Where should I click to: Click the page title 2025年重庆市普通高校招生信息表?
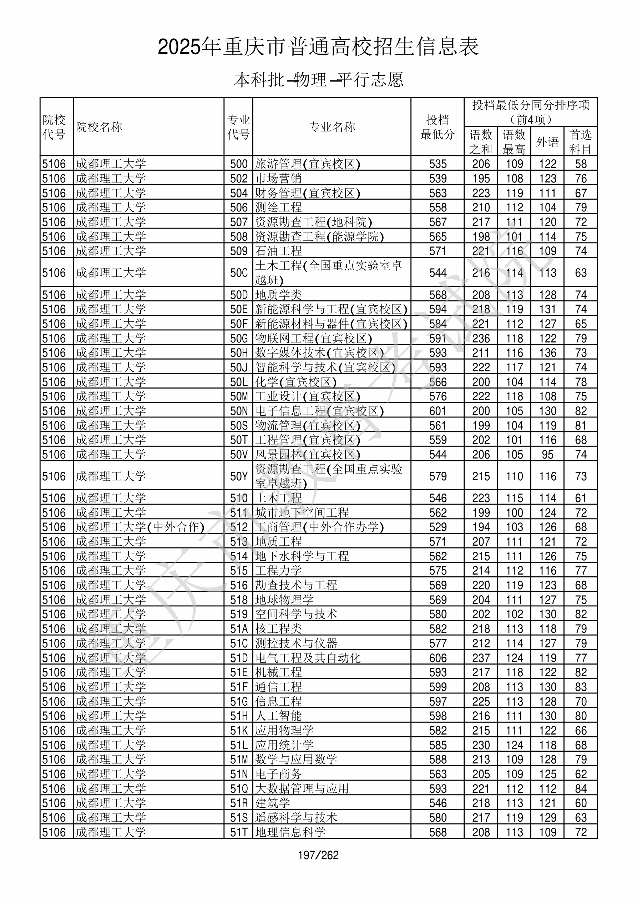pos(318,47)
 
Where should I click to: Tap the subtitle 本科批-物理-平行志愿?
pos(318,80)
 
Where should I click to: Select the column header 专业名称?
pos(332,126)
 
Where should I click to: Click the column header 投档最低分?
pos(438,127)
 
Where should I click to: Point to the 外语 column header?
pos(547,141)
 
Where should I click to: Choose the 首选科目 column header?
pos(581,141)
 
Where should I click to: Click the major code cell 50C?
pos(239,273)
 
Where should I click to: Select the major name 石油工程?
pos(278,251)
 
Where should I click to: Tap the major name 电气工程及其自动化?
pos(308,658)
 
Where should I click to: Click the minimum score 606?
pos(438,658)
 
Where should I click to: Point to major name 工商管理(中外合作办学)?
pos(319,527)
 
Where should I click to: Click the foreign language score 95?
pos(547,455)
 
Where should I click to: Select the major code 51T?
pos(239,832)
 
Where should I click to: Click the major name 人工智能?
pos(278,716)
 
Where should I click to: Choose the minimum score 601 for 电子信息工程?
pos(438,411)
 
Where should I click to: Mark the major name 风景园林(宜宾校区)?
pos(308,455)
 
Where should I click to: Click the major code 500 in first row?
pos(239,164)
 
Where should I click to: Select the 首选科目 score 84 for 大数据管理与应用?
pos(581,788)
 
